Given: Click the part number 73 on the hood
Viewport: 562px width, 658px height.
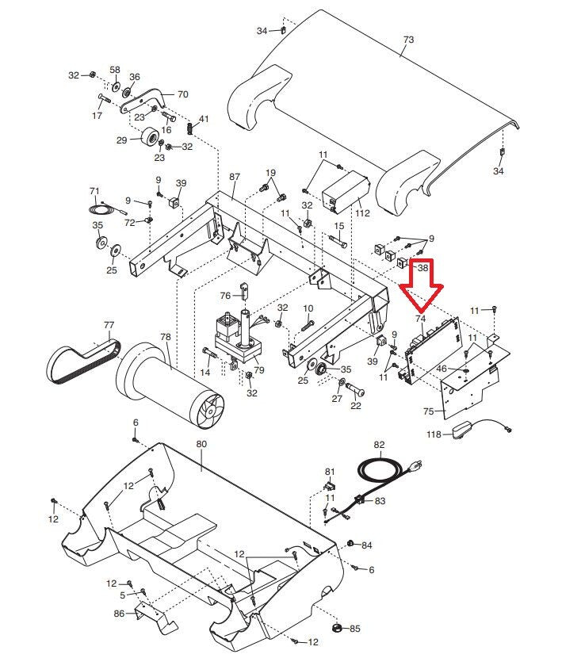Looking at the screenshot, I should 408,39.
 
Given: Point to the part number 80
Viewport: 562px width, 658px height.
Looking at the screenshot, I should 201,445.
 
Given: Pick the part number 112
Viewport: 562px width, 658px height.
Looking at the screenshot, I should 363,212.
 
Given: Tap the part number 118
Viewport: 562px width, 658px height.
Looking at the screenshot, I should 434,434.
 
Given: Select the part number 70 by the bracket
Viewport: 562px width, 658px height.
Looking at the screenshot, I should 182,94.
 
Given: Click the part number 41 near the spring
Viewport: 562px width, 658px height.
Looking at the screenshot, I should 204,119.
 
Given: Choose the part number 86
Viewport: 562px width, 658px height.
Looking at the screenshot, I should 119,613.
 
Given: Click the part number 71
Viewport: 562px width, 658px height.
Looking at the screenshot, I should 94,191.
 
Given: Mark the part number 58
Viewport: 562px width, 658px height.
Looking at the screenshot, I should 115,71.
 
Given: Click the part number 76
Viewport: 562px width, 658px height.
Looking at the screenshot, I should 225,296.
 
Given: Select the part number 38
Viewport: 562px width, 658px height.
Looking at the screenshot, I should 422,268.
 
